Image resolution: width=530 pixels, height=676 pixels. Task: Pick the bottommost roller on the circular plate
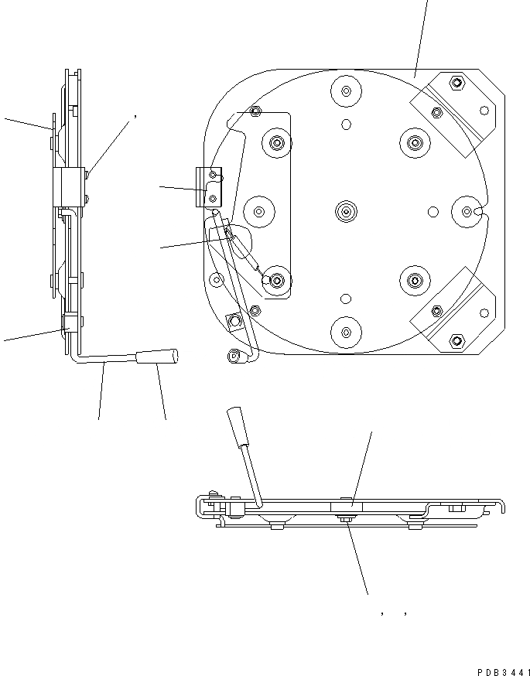346,331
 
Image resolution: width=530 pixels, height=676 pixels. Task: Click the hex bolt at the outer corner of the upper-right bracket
456,83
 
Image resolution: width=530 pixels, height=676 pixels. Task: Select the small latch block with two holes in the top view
210,189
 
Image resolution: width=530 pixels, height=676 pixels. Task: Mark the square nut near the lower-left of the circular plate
232,321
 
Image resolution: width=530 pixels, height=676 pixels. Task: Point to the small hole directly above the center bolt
346,124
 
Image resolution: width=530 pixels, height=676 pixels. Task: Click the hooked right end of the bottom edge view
501,506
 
